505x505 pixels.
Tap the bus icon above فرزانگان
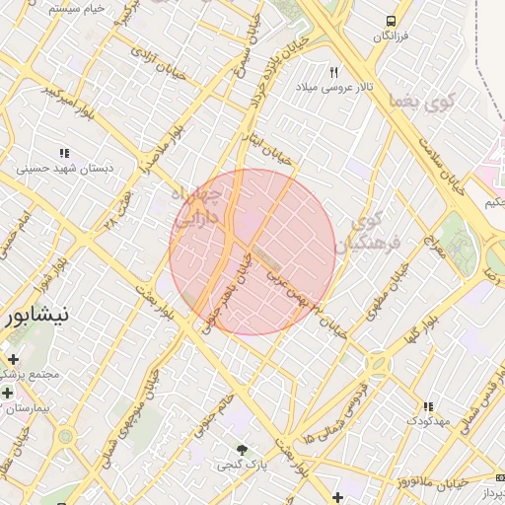[x=392, y=20]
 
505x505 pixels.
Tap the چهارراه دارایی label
[x=202, y=208]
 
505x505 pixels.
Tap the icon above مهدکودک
[x=427, y=405]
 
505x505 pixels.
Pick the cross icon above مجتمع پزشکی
[x=14, y=359]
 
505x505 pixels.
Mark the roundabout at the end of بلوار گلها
[x=378, y=364]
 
